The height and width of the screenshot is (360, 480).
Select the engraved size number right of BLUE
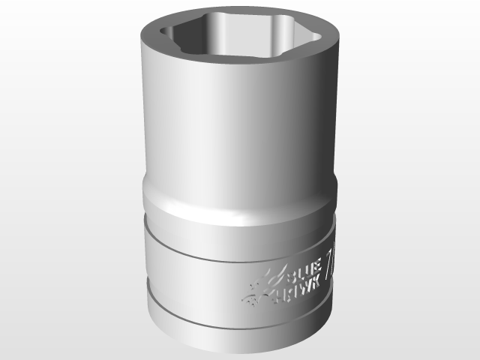[x=330, y=268]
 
